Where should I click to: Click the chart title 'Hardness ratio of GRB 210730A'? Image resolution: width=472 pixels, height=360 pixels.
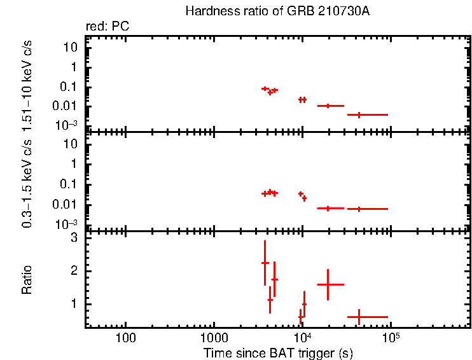tap(277, 11)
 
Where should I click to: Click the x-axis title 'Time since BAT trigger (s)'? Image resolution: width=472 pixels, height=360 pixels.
tap(278, 352)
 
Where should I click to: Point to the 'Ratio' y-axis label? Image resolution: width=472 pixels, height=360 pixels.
tap(27, 280)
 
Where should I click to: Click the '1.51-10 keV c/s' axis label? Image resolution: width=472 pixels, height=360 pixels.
tap(27, 83)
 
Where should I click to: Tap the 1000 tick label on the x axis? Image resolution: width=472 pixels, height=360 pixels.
tap(213, 337)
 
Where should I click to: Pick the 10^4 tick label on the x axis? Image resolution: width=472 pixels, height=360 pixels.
tap(302, 336)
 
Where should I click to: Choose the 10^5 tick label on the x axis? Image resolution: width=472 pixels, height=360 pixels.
tap(390, 336)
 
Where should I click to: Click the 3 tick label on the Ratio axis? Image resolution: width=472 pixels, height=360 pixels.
tap(74, 238)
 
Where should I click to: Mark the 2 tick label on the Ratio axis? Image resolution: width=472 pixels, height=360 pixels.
tap(74, 271)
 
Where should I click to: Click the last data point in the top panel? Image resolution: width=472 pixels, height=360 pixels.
tap(359, 114)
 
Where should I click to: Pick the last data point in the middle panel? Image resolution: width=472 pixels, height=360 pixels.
tap(359, 209)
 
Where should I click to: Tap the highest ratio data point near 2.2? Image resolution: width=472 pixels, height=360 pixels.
tap(265, 263)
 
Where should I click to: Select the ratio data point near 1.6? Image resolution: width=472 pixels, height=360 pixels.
tap(328, 284)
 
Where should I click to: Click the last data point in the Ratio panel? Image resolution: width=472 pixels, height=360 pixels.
tap(359, 317)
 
